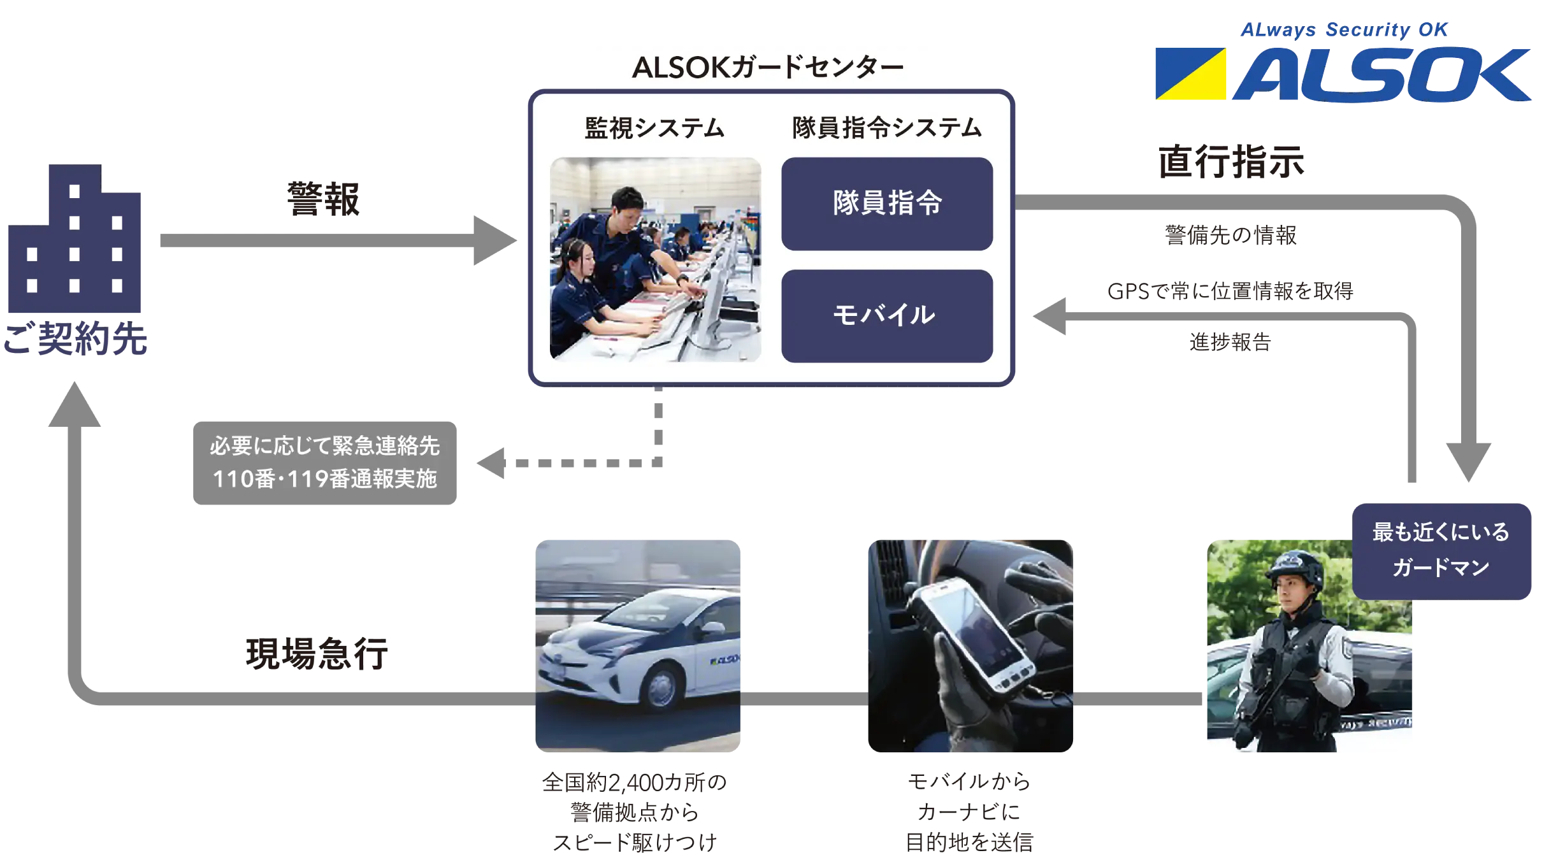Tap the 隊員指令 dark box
886,204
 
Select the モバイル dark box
886,316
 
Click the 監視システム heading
654,128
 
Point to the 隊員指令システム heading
886,128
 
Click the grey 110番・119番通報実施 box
324,463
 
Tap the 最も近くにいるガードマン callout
1441,550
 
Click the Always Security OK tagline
1345,30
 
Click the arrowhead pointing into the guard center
494,241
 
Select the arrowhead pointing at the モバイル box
1049,315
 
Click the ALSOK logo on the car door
725,659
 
